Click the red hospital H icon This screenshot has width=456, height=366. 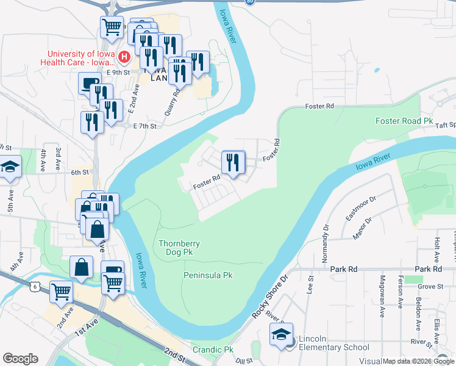(x=124, y=57)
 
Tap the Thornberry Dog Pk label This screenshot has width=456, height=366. (x=179, y=248)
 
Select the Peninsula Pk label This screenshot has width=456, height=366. (x=208, y=276)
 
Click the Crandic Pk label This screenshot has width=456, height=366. (x=213, y=350)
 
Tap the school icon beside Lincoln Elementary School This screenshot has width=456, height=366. (x=281, y=335)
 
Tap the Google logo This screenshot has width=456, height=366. (x=20, y=359)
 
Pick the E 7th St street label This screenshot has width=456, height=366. (x=145, y=126)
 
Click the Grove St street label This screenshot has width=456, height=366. (x=430, y=285)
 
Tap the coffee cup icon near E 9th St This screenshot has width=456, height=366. (x=90, y=84)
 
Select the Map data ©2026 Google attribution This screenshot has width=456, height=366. (x=418, y=361)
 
